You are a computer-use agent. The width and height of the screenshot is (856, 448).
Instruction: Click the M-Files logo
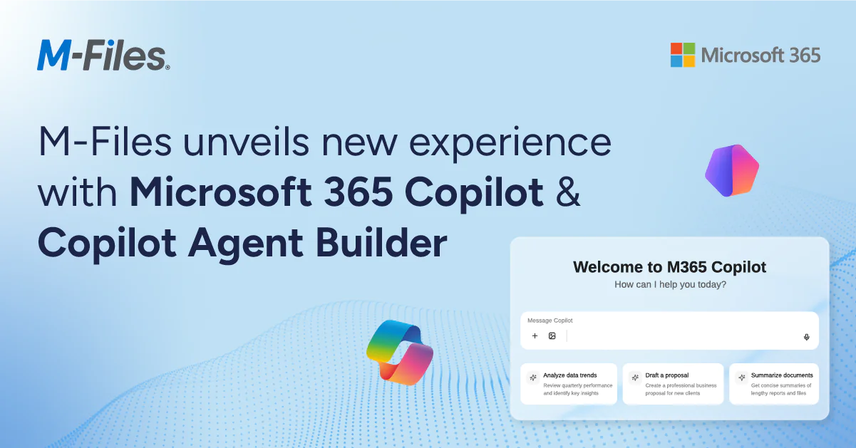(103, 55)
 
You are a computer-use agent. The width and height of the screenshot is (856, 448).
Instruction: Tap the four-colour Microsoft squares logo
(683, 55)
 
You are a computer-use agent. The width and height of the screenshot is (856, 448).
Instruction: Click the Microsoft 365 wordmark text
(760, 56)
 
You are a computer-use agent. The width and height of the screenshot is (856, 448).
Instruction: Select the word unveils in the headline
(246, 142)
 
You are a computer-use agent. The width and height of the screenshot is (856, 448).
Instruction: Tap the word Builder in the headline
(381, 242)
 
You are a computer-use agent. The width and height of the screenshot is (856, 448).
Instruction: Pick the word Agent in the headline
(246, 245)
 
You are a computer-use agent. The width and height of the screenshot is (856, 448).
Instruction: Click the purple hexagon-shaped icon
(732, 170)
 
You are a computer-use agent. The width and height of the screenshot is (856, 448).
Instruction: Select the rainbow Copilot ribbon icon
(400, 352)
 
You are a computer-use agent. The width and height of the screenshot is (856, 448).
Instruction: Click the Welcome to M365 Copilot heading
(669, 267)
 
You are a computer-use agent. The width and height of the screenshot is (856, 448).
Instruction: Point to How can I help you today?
(670, 284)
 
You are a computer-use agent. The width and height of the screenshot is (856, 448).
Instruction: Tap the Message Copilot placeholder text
(550, 321)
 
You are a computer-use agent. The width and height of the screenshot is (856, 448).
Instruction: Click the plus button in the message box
(535, 335)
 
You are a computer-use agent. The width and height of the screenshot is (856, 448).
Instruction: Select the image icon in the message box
(552, 335)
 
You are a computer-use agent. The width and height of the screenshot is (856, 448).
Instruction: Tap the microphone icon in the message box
(806, 337)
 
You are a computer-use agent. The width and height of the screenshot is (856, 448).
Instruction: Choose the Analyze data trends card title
(569, 375)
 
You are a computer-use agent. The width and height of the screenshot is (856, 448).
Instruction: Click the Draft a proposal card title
(667, 375)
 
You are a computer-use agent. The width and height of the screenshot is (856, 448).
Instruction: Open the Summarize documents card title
(782, 375)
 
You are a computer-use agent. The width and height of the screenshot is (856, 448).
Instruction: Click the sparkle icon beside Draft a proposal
(635, 377)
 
